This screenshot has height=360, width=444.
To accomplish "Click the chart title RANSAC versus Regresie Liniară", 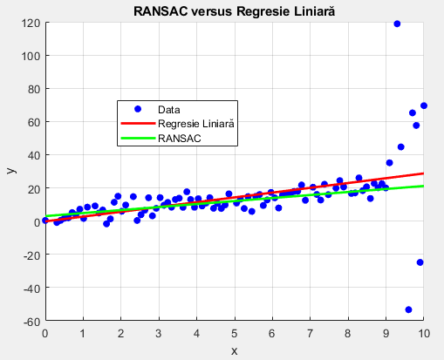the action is [234, 11].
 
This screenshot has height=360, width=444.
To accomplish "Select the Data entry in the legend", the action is [169, 110].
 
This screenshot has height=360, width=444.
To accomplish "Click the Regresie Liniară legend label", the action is [196, 124].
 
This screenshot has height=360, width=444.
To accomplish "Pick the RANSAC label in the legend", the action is [180, 138].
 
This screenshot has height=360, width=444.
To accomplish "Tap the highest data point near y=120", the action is [397, 24].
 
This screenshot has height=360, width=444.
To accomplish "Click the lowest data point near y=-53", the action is [408, 309].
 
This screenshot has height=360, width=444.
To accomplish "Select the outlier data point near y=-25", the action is [420, 262].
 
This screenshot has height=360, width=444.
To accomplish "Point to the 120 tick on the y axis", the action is [31, 23].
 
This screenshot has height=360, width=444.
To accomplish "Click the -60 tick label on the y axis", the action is [31, 322].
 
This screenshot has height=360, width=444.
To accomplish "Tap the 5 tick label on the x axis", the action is [235, 334].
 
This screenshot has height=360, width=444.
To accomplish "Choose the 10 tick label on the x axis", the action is [424, 334].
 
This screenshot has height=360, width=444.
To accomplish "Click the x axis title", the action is [235, 351].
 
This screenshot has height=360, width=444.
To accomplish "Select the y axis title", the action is [11, 170].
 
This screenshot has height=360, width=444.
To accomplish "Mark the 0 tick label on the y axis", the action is [37, 222].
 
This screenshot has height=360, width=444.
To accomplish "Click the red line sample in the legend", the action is [138, 124].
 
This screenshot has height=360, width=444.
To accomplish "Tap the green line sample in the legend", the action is [138, 138].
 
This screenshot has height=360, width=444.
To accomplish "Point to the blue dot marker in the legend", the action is [138, 109].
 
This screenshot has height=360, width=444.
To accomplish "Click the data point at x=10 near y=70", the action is [424, 105].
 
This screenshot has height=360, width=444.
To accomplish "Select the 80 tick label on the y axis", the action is [34, 89].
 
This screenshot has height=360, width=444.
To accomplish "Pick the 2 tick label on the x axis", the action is [121, 334].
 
